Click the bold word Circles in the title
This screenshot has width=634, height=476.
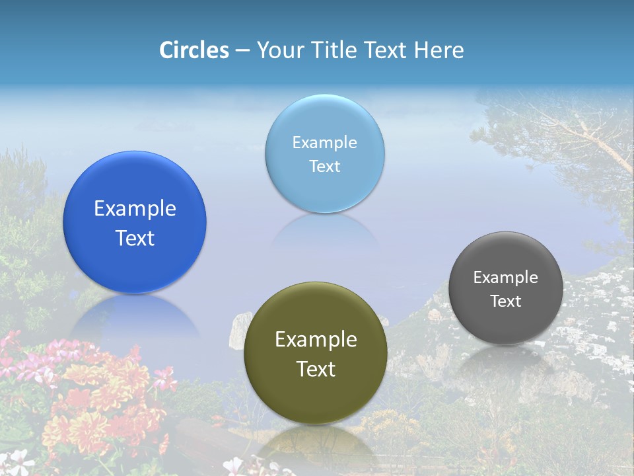coord(194,50)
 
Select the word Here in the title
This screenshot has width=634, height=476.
coord(439,50)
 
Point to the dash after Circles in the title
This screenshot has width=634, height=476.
coord(242,51)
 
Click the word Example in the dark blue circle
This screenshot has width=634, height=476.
coord(135,209)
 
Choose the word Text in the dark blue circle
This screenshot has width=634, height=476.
coord(135,238)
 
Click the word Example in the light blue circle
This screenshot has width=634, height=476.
coord(324,143)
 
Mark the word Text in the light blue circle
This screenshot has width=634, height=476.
coord(324,166)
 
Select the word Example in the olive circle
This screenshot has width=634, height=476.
coord(316,340)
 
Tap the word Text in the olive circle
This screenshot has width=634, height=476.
coord(316,369)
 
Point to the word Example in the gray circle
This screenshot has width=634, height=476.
coord(506,278)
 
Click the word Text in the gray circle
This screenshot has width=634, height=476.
coord(506,301)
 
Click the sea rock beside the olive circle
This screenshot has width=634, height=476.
coord(236,333)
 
